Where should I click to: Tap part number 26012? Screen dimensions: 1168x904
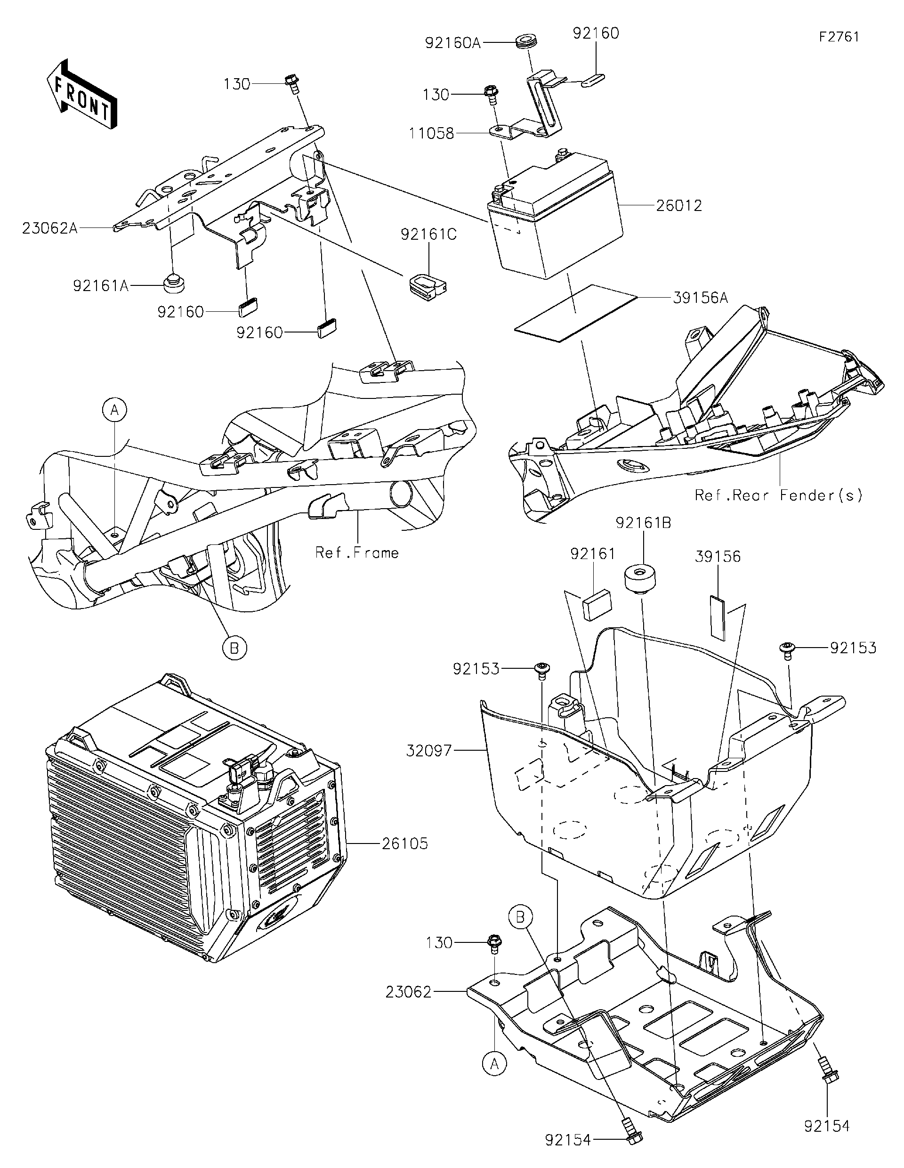[x=679, y=206]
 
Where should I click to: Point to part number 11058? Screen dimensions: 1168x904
[x=431, y=133]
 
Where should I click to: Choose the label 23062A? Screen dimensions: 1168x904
[x=50, y=228]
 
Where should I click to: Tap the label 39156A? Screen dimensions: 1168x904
[x=700, y=298]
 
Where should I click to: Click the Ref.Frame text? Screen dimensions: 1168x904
[x=357, y=552]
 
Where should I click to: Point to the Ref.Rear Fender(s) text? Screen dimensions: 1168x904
[x=778, y=495]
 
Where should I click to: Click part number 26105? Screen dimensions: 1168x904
[x=405, y=844]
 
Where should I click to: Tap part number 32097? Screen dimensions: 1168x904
[x=429, y=751]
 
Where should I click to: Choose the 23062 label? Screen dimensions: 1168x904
[x=408, y=992]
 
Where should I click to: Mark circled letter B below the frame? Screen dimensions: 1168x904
[x=234, y=648]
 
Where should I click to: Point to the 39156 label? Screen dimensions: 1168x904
[x=718, y=557]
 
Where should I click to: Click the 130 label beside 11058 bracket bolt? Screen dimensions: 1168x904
[x=436, y=95]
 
